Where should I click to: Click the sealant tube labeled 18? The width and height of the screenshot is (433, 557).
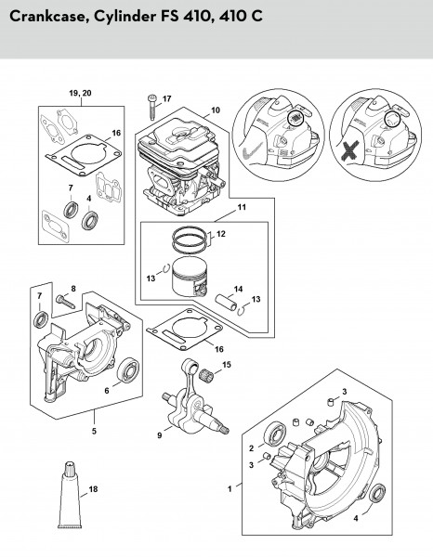click(70, 495)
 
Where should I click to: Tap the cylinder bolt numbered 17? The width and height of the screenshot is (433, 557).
click(152, 108)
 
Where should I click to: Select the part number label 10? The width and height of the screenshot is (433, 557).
click(216, 110)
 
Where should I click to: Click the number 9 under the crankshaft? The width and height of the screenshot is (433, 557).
click(160, 434)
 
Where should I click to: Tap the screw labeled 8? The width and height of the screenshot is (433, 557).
click(65, 301)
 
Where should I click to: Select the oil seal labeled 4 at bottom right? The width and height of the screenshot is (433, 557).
click(377, 493)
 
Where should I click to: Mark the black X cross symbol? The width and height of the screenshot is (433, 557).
click(350, 150)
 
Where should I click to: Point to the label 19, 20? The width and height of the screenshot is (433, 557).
click(80, 93)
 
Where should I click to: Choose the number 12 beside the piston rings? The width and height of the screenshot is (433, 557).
click(221, 234)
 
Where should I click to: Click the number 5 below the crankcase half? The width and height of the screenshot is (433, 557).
click(94, 432)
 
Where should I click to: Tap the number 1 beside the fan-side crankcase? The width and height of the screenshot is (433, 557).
click(230, 489)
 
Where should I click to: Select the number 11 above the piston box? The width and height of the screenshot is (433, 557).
click(242, 207)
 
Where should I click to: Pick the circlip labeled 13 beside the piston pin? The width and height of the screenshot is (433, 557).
click(241, 309)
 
